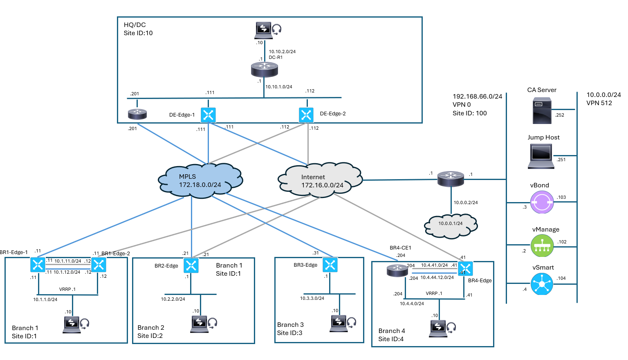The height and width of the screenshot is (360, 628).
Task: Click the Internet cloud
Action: click(x=320, y=180)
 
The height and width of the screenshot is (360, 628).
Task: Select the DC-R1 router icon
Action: click(x=264, y=70)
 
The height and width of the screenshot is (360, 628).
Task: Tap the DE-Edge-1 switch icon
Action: click(x=208, y=115)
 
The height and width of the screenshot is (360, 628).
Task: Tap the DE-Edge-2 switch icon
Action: click(x=306, y=115)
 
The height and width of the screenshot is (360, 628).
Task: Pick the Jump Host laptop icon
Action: click(x=541, y=157)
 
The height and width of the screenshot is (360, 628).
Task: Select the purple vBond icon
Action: click(x=542, y=202)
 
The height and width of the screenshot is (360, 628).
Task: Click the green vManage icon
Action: click(x=542, y=245)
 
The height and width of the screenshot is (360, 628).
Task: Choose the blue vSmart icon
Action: click(x=542, y=283)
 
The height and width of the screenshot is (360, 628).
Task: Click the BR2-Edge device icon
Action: click(x=191, y=265)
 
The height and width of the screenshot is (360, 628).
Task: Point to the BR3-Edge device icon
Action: click(x=330, y=265)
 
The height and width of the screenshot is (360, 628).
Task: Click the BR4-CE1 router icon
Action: click(x=397, y=270)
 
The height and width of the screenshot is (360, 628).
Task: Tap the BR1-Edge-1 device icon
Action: click(x=38, y=265)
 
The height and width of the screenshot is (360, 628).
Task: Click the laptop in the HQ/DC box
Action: click(x=264, y=30)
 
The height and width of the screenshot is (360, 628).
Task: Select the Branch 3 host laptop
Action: click(x=339, y=323)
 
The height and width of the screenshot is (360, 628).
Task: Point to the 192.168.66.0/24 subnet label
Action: click(x=477, y=97)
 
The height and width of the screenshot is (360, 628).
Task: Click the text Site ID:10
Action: click(x=138, y=33)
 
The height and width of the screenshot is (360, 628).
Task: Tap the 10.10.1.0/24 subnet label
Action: click(x=279, y=87)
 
